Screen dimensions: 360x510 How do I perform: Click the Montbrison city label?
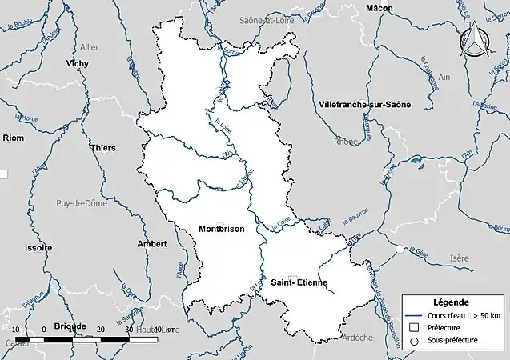pos(221,229)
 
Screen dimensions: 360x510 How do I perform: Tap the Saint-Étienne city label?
pos(297,282)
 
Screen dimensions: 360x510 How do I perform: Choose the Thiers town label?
pos(103,148)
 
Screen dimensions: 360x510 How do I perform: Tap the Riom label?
pos(14,138)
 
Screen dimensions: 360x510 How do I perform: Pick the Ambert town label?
pos(151,243)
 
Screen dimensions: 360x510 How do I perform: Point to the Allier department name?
pos(89,47)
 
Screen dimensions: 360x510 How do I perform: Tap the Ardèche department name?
pos(357,338)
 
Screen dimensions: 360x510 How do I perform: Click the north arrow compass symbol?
pos(477,40)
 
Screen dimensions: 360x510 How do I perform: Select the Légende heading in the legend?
pos(452,302)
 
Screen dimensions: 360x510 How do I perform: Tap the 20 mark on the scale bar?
pos(100,330)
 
